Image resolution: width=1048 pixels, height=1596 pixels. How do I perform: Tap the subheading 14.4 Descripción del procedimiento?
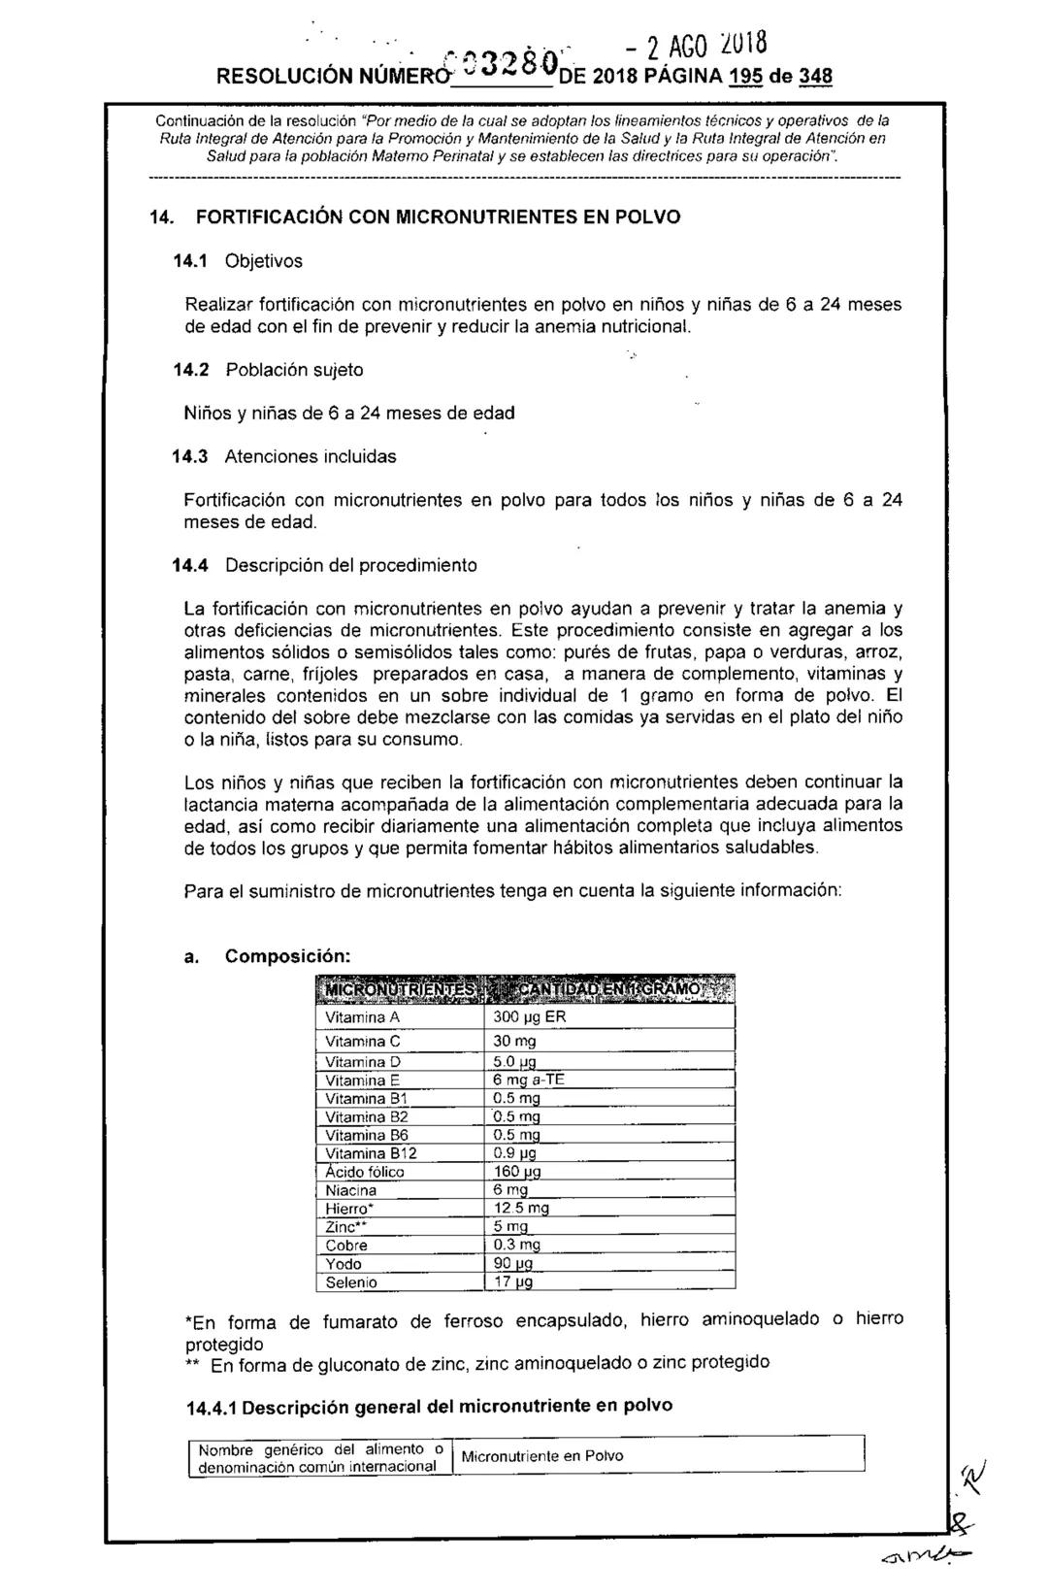[331, 564]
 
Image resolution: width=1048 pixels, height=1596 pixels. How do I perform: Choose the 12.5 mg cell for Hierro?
[521, 1209]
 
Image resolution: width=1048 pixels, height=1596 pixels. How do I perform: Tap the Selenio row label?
[351, 1282]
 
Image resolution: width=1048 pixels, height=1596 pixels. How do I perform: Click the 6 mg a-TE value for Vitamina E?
[528, 1081]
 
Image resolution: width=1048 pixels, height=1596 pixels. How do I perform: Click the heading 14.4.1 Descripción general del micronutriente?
[428, 1406]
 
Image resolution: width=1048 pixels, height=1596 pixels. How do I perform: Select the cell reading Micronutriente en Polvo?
[541, 1455]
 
